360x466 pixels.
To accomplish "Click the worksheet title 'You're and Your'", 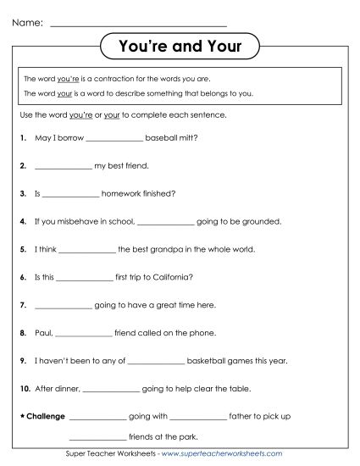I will click(180, 47).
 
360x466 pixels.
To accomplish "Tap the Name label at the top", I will click(28, 22).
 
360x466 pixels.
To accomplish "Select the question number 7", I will click(21, 304).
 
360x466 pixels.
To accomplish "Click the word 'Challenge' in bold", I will click(46, 416).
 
